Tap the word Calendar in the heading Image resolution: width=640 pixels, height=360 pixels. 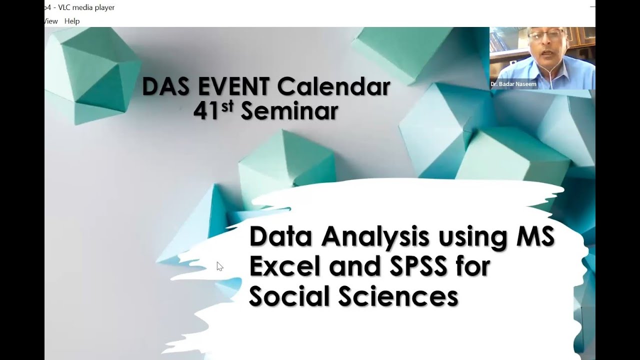[334, 87]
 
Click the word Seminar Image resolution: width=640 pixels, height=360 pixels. [289, 111]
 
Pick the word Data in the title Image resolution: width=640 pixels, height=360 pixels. [281, 237]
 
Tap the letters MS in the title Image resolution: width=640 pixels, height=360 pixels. [535, 237]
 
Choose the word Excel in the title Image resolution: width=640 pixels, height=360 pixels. [283, 267]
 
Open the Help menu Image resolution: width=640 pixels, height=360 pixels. [72, 21]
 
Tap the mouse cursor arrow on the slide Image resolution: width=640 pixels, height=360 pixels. [219, 266]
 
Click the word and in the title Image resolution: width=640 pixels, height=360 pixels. [352, 267]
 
